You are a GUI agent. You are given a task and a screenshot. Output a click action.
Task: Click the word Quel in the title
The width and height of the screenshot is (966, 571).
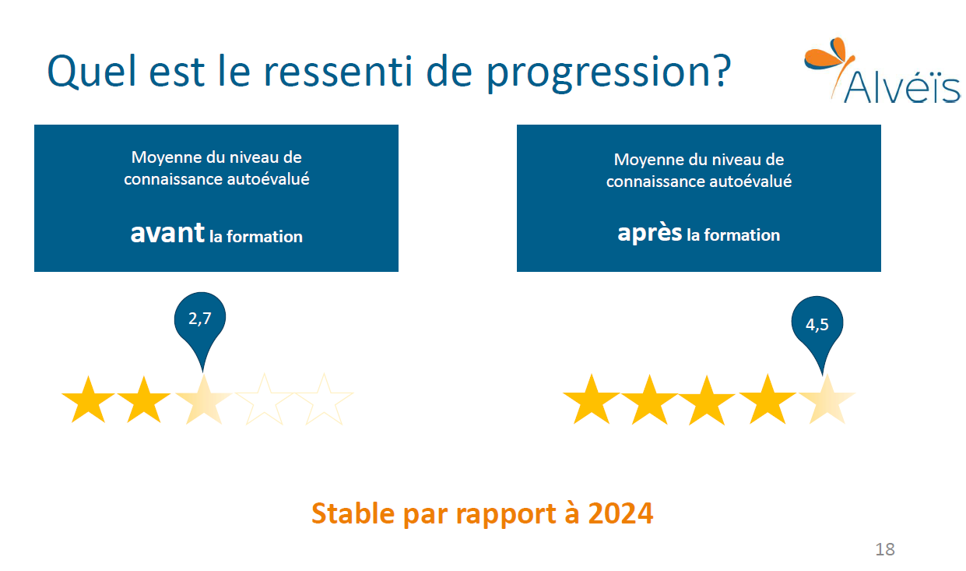click(92, 71)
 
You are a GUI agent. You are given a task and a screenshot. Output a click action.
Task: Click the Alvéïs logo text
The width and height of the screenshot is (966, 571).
click(902, 87)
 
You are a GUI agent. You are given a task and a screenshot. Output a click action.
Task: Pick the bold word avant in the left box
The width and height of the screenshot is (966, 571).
click(167, 233)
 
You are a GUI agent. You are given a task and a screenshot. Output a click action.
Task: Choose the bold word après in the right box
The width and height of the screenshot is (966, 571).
click(650, 233)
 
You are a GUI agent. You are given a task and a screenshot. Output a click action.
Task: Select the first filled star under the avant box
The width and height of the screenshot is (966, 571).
click(89, 400)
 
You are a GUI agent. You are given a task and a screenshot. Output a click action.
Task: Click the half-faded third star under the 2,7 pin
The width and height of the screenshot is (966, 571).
click(203, 400)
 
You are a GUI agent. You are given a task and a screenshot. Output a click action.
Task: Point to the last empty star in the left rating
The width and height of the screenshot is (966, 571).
click(324, 400)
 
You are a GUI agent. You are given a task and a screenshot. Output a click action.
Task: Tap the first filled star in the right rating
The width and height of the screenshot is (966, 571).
click(592, 400)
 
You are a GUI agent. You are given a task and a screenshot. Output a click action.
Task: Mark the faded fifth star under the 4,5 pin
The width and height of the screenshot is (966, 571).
click(827, 400)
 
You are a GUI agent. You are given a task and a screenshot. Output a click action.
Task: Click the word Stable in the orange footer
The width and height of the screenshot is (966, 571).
click(353, 513)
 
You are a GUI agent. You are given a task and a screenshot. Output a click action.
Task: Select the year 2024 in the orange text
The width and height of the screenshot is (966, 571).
click(620, 513)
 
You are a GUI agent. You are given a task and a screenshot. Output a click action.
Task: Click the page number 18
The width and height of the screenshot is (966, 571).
click(885, 549)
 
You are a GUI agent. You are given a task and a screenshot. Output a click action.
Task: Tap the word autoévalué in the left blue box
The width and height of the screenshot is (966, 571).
click(269, 179)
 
